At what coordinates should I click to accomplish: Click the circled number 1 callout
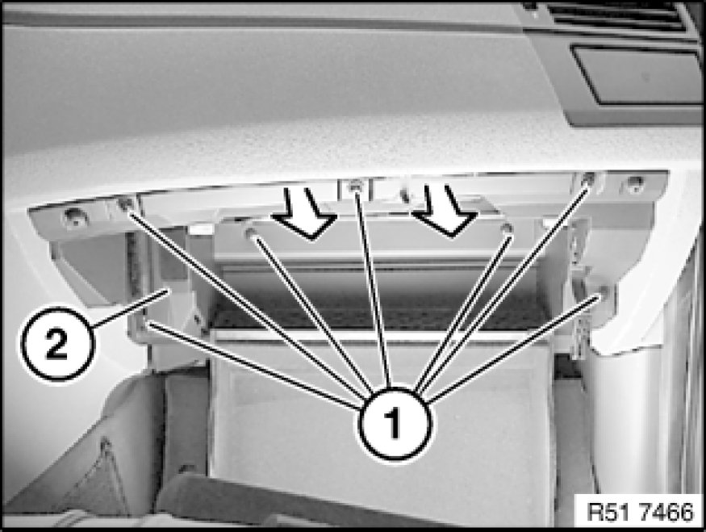pyautogui.click(x=395, y=424)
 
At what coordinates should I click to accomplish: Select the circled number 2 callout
pyautogui.click(x=57, y=344)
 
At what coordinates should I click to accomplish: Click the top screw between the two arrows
pyautogui.click(x=356, y=186)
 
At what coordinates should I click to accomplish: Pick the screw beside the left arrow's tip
pyautogui.click(x=250, y=233)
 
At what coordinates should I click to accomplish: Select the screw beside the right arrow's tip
pyautogui.click(x=508, y=229)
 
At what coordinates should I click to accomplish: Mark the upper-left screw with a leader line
pyautogui.click(x=125, y=204)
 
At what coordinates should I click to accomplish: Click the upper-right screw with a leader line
pyautogui.click(x=587, y=179)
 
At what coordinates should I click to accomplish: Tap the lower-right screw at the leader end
pyautogui.click(x=604, y=293)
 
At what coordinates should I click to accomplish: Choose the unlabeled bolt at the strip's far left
pyautogui.click(x=74, y=217)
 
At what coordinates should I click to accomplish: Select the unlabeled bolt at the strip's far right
pyautogui.click(x=635, y=183)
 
